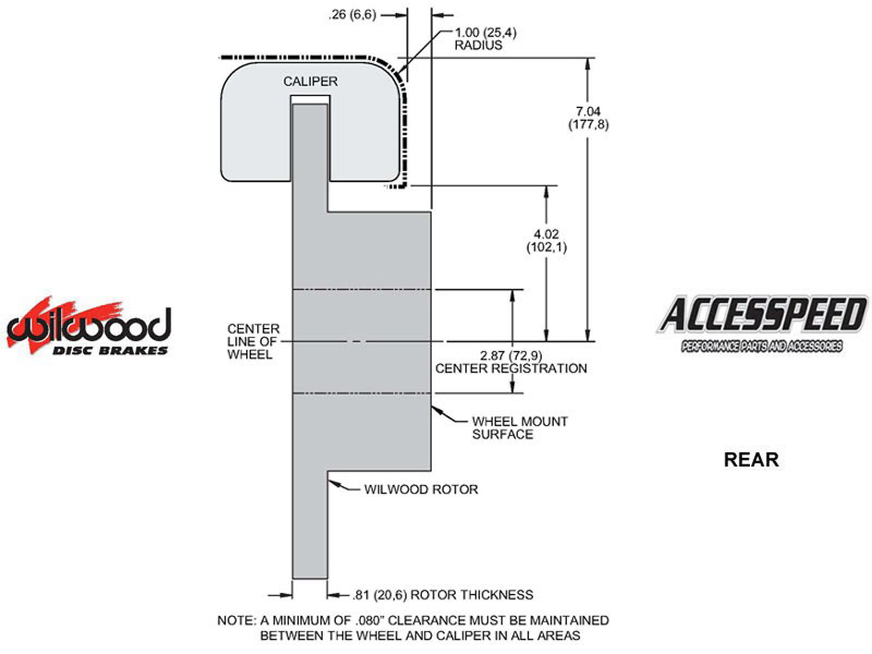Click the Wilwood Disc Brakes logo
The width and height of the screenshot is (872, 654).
89,327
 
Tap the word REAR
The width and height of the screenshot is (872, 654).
750,459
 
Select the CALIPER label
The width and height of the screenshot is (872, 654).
310,81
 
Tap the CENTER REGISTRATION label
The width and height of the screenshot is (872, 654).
511,368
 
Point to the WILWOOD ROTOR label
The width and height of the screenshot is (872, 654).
421,489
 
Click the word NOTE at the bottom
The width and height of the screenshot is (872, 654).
234,620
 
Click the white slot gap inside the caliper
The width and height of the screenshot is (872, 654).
310,100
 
